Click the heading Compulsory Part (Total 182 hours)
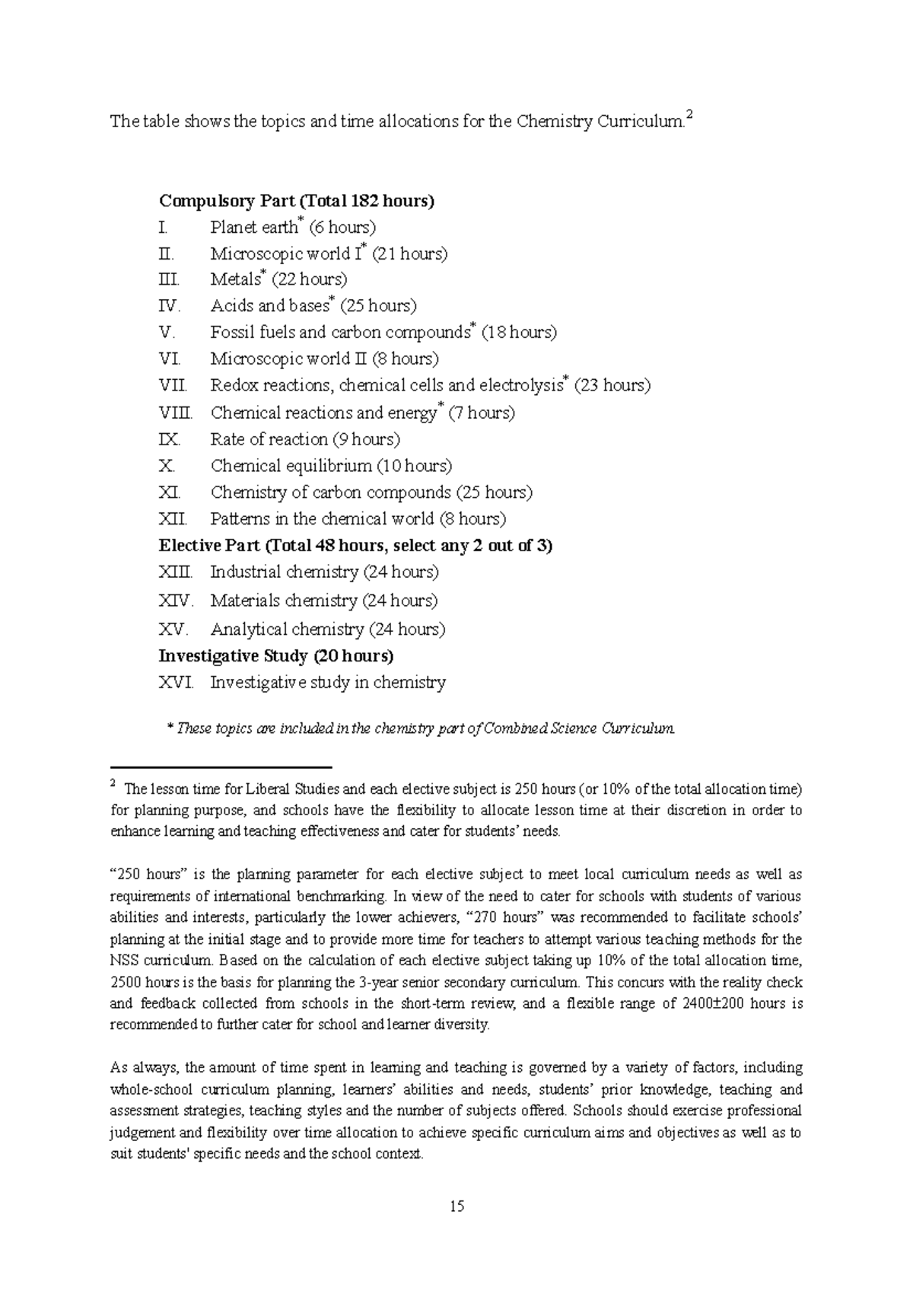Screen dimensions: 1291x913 point(297,201)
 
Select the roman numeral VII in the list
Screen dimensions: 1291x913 point(172,386)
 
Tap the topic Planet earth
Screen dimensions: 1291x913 point(253,228)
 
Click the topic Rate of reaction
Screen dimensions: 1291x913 point(269,439)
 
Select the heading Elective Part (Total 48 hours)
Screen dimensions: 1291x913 point(355,546)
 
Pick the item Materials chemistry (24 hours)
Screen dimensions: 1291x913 point(324,601)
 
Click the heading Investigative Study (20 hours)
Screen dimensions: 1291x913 point(275,655)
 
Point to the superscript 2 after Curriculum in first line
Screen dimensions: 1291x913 point(689,115)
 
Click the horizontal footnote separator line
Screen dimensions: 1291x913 point(221,767)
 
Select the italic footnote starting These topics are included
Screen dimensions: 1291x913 point(420,728)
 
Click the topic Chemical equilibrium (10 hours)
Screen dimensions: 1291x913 point(331,466)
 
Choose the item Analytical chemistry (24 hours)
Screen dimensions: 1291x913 point(328,630)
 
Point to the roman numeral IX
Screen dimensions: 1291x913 point(168,439)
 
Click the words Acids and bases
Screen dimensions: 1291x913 point(269,306)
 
